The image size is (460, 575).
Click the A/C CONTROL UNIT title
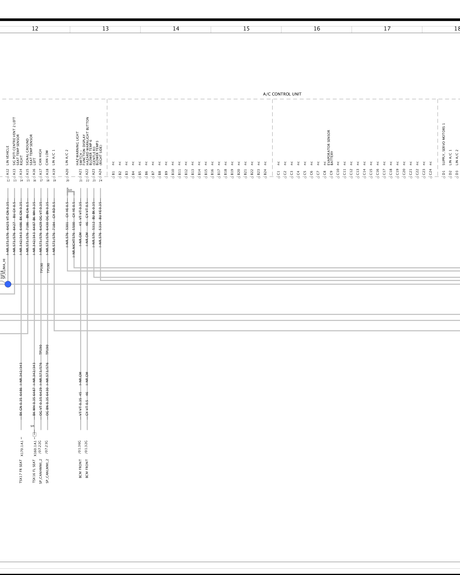pyautogui.click(x=282, y=94)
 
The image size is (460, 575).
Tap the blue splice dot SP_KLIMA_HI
pyautogui.click(x=8, y=284)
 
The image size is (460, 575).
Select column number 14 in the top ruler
pyautogui.click(x=176, y=29)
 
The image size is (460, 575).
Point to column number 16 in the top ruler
pyautogui.click(x=317, y=29)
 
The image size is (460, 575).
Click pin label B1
pyautogui.click(x=113, y=173)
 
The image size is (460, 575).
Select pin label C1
pyautogui.click(x=278, y=173)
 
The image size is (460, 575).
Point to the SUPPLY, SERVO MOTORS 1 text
pyautogui.click(x=444, y=144)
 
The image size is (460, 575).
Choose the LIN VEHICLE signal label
pyautogui.click(x=8, y=155)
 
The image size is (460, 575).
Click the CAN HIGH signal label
pyautogui.click(x=41, y=157)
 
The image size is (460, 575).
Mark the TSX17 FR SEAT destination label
pyautogui.click(x=21, y=471)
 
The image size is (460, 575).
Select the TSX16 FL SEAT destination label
pyautogui.click(x=34, y=471)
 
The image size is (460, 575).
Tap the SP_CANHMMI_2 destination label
pyautogui.click(x=41, y=471)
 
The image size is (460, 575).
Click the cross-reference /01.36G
pyautogui.click(x=80, y=447)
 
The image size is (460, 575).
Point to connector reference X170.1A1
pyautogui.click(x=22, y=448)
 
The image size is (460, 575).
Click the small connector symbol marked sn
pyautogui.click(x=34, y=434)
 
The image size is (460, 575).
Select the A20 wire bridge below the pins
pyautogui.click(x=70, y=191)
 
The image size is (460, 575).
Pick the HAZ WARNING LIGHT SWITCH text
pyautogui.click(x=77, y=148)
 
